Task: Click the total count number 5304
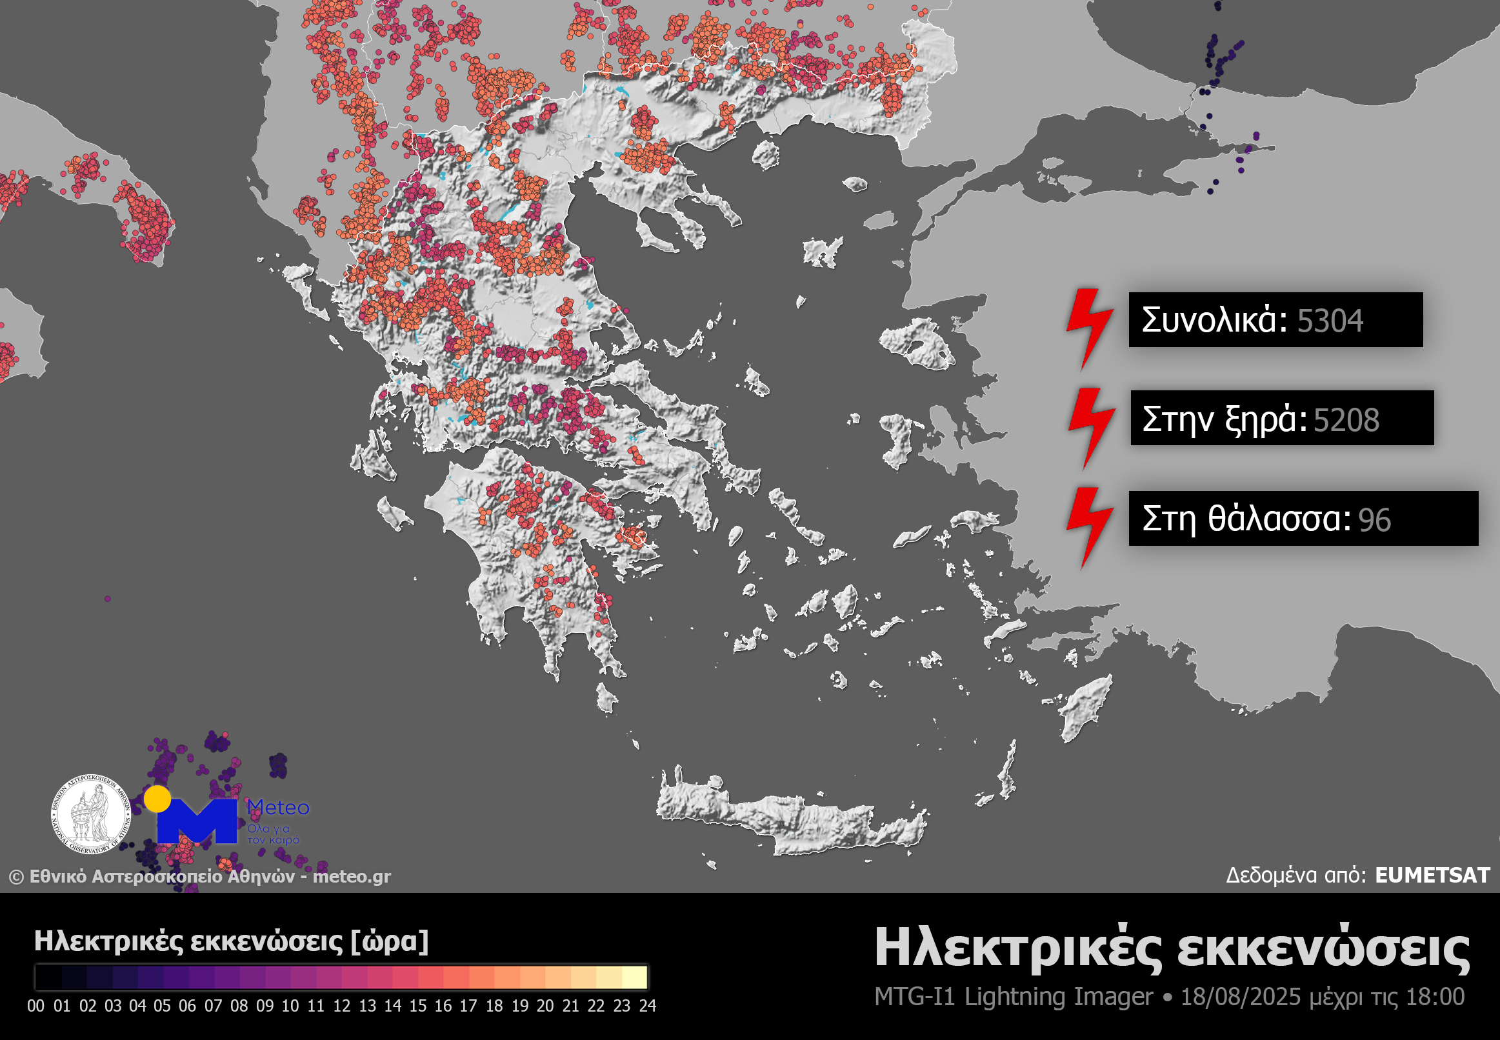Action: coord(1329,321)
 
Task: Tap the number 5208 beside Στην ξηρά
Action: coord(1346,420)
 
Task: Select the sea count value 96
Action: coord(1374,520)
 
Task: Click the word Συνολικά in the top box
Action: coord(1214,320)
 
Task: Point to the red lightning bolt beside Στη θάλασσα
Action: coord(1090,526)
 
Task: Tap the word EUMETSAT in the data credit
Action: coord(1432,875)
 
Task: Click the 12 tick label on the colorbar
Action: coord(341,1006)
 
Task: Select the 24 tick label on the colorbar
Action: coord(647,1006)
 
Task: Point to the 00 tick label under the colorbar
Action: coord(36,1006)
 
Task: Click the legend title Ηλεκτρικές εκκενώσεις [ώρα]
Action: coord(232,941)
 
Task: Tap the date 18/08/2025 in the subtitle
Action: coord(1240,997)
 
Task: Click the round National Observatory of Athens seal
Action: coord(91,814)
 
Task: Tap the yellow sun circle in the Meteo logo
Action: coord(157,799)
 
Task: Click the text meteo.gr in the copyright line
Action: coord(351,876)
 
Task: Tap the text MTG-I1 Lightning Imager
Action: coord(1014,997)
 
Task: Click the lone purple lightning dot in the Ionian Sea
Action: coord(108,599)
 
